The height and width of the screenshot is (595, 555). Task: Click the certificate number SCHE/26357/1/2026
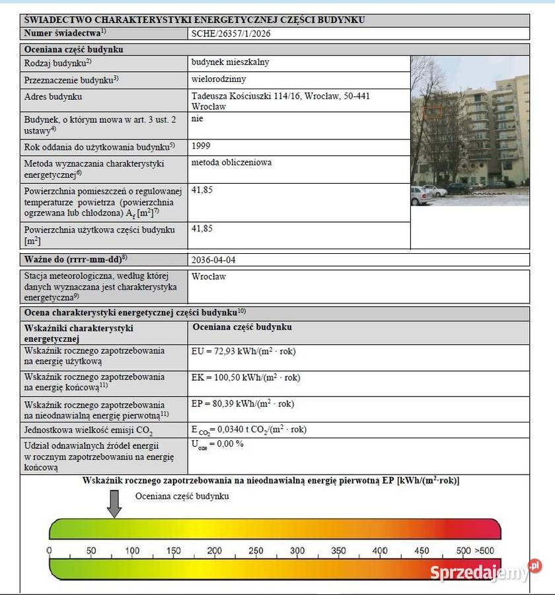click(232, 33)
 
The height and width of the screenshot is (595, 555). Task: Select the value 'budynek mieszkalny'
click(230, 62)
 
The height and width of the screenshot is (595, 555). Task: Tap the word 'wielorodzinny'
click(219, 79)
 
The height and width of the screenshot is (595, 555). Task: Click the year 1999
click(201, 145)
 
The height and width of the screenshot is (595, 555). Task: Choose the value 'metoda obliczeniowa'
click(231, 163)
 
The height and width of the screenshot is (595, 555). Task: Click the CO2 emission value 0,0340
click(248, 430)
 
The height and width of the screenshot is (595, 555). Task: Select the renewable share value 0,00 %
click(217, 444)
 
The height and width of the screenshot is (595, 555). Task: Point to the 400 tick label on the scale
click(380, 551)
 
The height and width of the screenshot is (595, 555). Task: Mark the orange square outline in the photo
click(432, 112)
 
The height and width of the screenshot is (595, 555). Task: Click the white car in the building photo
click(420, 196)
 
